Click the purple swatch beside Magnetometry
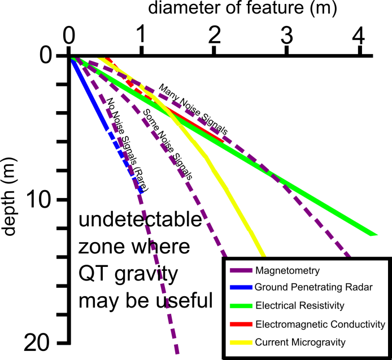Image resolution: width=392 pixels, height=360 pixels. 241,270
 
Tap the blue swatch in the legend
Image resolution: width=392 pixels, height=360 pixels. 241,287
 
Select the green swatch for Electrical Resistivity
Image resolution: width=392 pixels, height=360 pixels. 241,306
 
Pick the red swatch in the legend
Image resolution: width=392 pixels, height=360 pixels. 241,324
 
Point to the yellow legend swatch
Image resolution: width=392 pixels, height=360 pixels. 241,343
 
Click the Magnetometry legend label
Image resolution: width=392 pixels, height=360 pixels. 287,270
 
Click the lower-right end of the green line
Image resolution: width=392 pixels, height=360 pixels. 374,234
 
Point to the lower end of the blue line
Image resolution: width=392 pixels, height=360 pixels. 141,192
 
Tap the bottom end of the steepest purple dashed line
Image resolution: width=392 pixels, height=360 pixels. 177,353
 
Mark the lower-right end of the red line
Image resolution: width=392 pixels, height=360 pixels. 224,140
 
